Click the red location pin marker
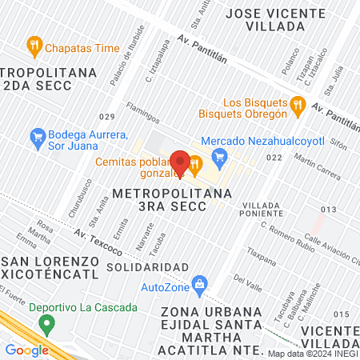pyautogui.click(x=180, y=164)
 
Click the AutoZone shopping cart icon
pyautogui.click(x=200, y=283)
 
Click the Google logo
pyautogui.click(x=27, y=349)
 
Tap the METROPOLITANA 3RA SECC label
pyautogui.click(x=161, y=199)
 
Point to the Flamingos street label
pyautogui.click(x=142, y=113)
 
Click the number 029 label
pyautogui.click(x=107, y=117)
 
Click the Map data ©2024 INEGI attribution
pyautogui.click(x=313, y=353)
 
